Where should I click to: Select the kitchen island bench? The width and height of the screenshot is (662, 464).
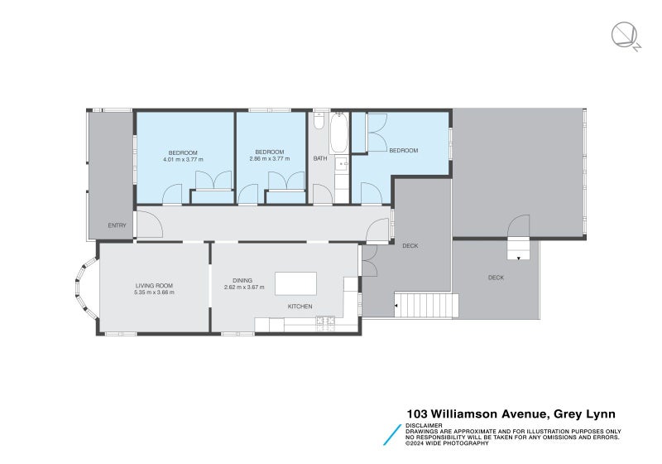pyautogui.click(x=295, y=283)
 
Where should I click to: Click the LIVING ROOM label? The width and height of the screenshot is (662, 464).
pyautogui.click(x=155, y=286)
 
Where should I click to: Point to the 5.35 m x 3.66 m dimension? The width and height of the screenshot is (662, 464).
pyautogui.click(x=155, y=292)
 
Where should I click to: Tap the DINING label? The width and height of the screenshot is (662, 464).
pyautogui.click(x=242, y=281)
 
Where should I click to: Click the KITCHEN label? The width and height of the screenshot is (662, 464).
pyautogui.click(x=300, y=307)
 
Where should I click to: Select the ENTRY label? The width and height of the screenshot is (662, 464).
pyautogui.click(x=117, y=225)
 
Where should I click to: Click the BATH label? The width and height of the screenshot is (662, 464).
pyautogui.click(x=320, y=158)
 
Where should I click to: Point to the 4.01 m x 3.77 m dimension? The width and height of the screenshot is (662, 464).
pyautogui.click(x=183, y=159)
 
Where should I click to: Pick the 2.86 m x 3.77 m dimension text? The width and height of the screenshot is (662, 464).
pyautogui.click(x=270, y=159)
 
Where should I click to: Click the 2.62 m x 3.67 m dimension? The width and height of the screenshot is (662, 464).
pyautogui.click(x=243, y=288)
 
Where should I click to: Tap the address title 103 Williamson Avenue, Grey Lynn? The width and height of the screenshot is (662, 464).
pyautogui.click(x=511, y=413)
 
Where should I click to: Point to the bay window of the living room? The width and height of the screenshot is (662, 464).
pyautogui.click(x=86, y=288)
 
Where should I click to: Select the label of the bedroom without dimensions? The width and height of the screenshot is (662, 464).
pyautogui.click(x=403, y=151)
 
